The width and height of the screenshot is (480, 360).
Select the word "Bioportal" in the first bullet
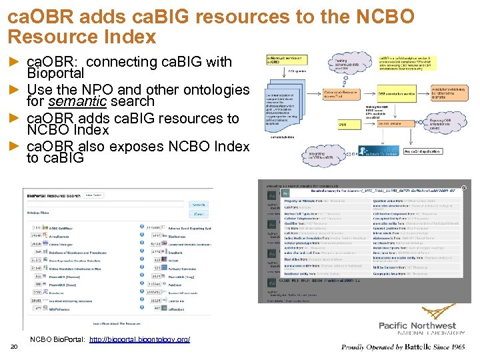(55, 73)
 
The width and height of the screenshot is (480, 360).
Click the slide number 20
(15, 346)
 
